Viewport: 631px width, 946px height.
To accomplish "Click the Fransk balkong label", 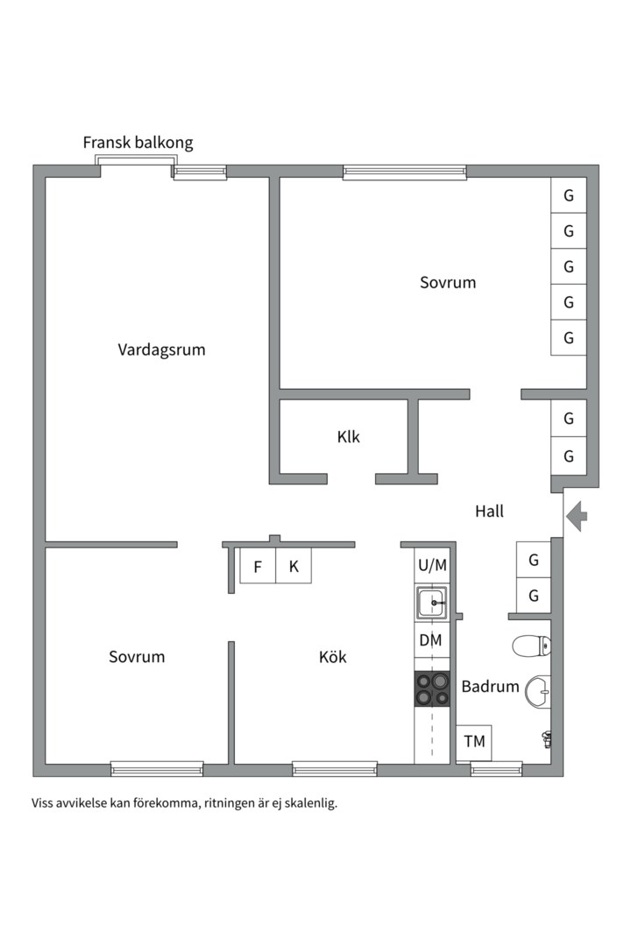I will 138,143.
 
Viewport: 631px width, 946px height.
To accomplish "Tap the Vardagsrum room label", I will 161,349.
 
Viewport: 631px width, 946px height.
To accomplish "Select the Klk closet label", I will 348,437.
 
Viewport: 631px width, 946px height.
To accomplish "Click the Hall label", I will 489,512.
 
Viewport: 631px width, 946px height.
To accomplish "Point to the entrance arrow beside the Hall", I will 577,516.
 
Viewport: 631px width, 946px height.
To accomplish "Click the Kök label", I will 332,657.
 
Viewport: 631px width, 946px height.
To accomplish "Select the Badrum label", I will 490,686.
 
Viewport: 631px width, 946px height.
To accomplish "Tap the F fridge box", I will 258,567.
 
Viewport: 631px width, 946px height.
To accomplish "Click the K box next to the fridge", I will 294,567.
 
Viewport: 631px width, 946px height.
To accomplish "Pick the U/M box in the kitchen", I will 432,565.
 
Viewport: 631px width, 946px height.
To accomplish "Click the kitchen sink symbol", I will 432,603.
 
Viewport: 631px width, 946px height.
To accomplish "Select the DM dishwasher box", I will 430,640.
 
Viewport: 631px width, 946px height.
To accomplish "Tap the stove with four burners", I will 432,688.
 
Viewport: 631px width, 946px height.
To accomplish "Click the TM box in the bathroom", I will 474,742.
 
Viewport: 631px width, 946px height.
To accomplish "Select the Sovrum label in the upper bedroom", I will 447,283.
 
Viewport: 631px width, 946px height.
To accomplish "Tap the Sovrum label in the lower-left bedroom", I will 137,657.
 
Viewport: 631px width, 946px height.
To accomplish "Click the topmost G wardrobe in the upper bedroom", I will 568,195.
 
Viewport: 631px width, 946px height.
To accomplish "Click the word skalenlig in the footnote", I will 310,802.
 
